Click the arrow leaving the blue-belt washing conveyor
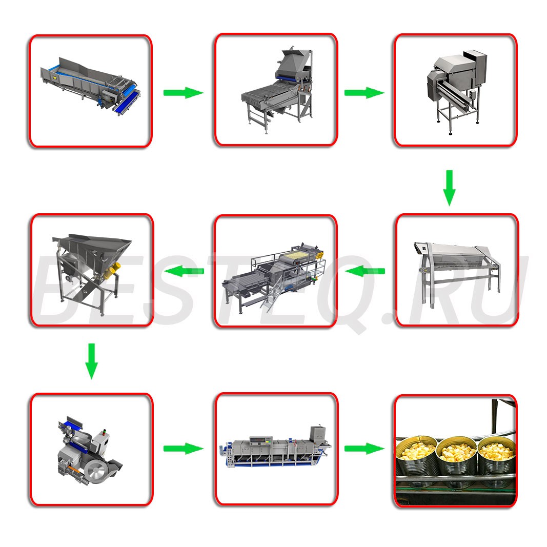click(x=184, y=93)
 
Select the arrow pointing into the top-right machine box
click(x=364, y=93)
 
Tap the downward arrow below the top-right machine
click(x=449, y=188)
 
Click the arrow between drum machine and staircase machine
click(x=364, y=271)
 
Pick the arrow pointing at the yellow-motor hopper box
click(x=184, y=271)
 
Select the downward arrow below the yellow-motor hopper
click(x=91, y=361)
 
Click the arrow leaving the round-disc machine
click(x=184, y=449)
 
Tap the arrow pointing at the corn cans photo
click(x=364, y=449)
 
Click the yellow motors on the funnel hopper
click(x=112, y=271)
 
